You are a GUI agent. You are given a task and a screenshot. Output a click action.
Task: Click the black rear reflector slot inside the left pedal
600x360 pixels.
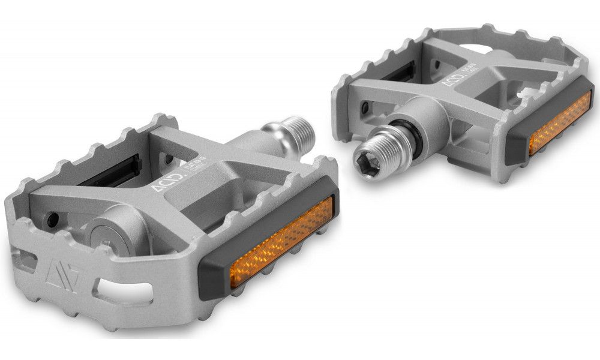click(x=114, y=172)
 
